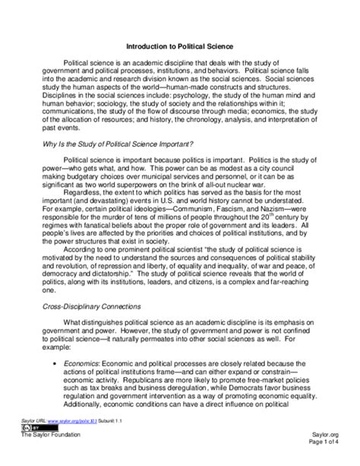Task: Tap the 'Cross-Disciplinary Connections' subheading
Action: pyautogui.click(x=102, y=306)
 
